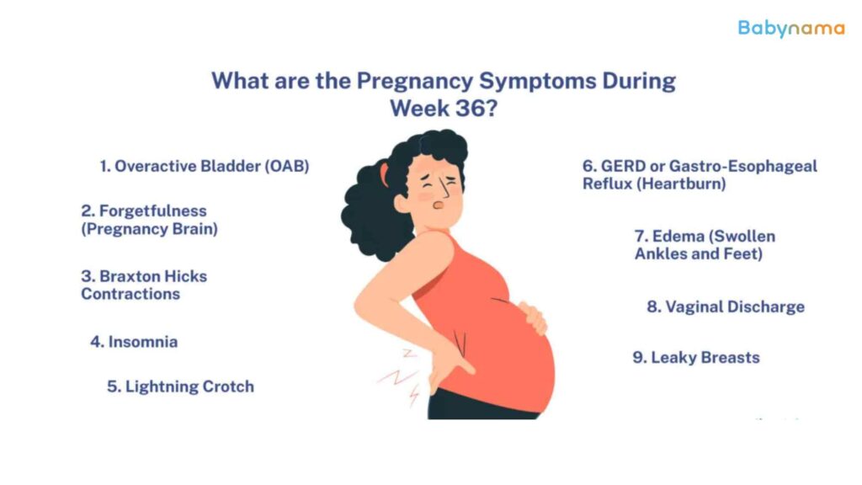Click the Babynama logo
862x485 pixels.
pos(790,28)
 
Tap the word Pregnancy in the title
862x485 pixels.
pos(414,82)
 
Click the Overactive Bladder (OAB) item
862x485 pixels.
pos(205,166)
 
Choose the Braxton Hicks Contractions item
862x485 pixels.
pos(144,285)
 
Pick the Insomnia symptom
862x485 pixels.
pos(134,342)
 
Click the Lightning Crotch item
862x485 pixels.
pos(180,386)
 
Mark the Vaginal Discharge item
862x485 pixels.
pos(726,306)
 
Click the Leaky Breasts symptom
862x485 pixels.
pos(696,357)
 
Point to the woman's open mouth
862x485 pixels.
pos(438,205)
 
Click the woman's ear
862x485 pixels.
pos(402,203)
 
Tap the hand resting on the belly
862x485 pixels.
pos(533,317)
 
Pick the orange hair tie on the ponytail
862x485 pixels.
pos(384,173)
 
